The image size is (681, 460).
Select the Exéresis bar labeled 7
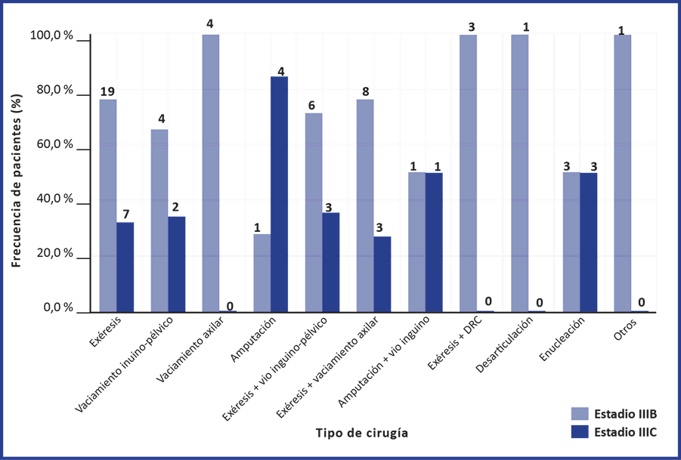point(125,266)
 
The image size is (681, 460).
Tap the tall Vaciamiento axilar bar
point(210,173)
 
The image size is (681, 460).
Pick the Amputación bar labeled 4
point(280,193)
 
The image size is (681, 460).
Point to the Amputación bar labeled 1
point(262,272)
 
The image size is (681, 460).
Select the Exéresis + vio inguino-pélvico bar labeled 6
point(313,211)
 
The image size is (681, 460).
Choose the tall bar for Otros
point(622,173)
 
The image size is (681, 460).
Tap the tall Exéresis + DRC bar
point(467,173)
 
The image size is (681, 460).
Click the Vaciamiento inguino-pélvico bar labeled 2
point(177,264)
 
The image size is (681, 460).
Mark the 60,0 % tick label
point(53,145)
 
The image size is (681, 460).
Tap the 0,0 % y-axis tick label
point(57,309)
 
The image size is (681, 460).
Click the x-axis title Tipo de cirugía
point(361,434)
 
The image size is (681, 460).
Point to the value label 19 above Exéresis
point(107,92)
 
